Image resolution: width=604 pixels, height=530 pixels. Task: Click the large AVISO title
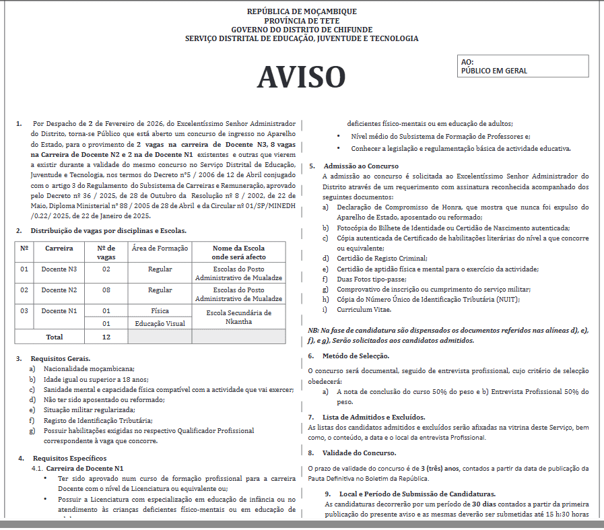pos(301,77)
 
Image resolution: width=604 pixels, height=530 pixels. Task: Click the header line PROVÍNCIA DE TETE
pos(302,21)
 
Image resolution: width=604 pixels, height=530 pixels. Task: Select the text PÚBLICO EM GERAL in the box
pos(494,71)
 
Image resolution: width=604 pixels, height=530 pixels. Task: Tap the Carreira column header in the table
pos(59,248)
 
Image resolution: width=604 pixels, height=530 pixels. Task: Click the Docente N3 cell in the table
pos(59,269)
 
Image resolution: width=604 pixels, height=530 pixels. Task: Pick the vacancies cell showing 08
pos(106,290)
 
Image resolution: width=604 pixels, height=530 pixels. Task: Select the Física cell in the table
pos(160,311)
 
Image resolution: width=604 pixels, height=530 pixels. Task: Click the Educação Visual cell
pos(160,323)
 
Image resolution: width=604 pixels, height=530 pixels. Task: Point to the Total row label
pos(54,337)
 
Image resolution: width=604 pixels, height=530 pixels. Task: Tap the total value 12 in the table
pos(106,337)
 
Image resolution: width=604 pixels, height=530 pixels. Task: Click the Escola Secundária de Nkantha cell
pos(239,317)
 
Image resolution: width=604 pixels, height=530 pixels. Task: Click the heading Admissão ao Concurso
pos(361,166)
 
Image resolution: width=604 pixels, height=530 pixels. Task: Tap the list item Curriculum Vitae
pos(364,309)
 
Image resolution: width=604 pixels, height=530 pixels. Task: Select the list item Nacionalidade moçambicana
pos(89,368)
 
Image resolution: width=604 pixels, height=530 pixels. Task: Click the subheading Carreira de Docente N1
pos(85,468)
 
